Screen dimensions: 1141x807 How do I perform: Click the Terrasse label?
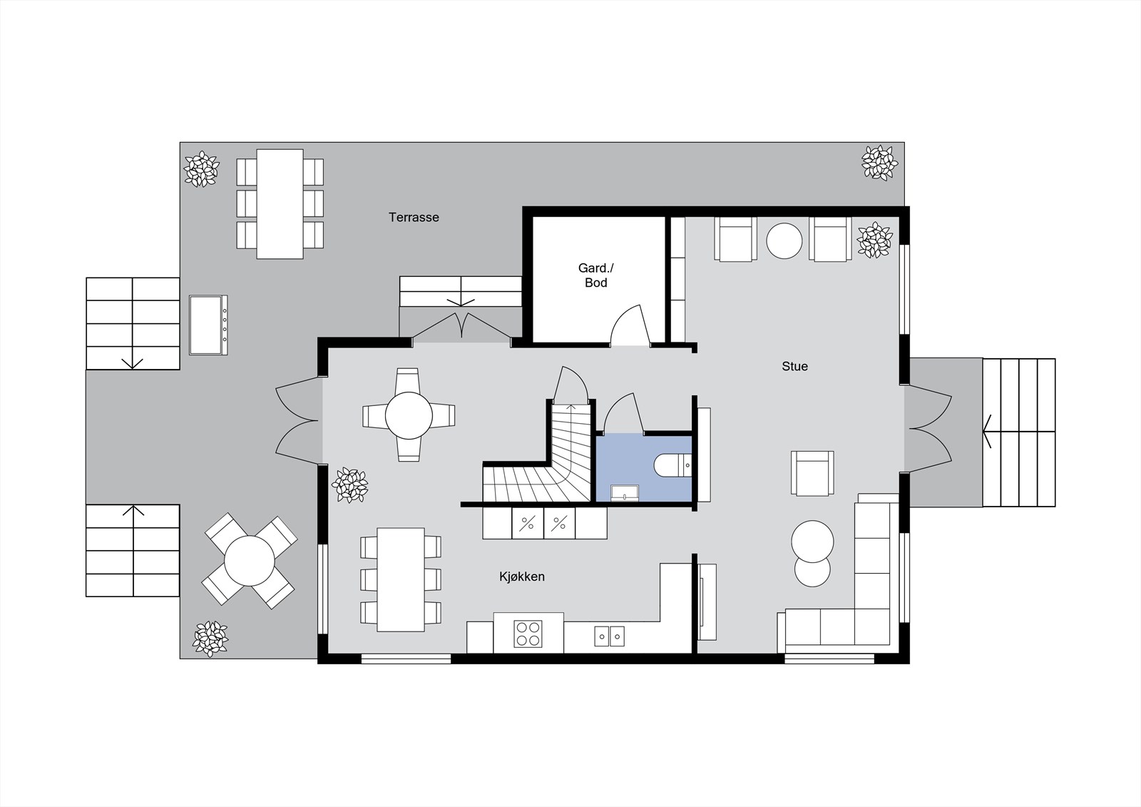pyautogui.click(x=414, y=217)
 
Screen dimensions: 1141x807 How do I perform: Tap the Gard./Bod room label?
pyautogui.click(x=596, y=275)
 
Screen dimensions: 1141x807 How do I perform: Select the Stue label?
pyautogui.click(x=794, y=366)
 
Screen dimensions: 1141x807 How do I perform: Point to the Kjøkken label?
pyautogui.click(x=521, y=577)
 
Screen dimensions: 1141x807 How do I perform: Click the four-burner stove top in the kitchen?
pyautogui.click(x=528, y=634)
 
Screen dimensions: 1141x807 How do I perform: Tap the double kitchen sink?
pyautogui.click(x=609, y=636)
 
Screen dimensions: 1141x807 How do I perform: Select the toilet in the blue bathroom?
pyautogui.click(x=673, y=465)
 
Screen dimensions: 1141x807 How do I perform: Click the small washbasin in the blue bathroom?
pyautogui.click(x=625, y=492)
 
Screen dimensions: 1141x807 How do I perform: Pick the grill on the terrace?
pyautogui.click(x=208, y=325)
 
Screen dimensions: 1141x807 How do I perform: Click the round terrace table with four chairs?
pyautogui.click(x=250, y=561)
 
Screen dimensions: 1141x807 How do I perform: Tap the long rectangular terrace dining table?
pyautogui.click(x=280, y=204)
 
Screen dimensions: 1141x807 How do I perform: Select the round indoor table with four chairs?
pyautogui.click(x=409, y=415)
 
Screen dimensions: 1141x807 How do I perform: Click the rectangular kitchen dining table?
pyautogui.click(x=401, y=579)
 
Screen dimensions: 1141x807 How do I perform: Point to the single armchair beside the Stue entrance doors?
pyautogui.click(x=812, y=473)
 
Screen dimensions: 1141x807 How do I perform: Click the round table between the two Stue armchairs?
pyautogui.click(x=784, y=240)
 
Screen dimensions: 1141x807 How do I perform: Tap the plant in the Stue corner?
pyautogui.click(x=874, y=240)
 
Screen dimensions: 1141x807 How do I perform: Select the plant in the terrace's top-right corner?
pyautogui.click(x=880, y=163)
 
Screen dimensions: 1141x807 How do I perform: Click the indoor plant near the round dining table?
pyautogui.click(x=350, y=484)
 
